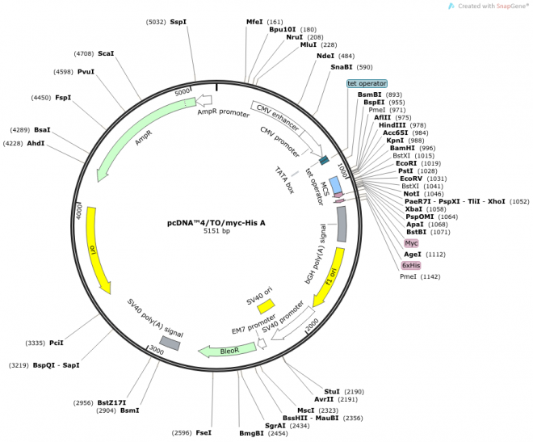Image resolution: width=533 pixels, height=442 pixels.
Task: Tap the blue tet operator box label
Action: point(367,83)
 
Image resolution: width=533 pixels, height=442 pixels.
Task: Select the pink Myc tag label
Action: point(411,242)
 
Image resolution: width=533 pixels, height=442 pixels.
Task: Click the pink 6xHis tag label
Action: point(411,265)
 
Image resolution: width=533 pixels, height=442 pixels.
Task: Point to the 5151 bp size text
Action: point(216,232)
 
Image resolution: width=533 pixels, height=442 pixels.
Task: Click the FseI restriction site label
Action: point(204,433)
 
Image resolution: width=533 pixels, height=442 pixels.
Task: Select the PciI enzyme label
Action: point(57,343)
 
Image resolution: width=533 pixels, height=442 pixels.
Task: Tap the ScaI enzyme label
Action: point(106,53)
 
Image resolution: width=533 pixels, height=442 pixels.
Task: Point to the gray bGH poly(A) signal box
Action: point(342,224)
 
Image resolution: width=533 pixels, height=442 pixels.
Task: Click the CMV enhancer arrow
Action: point(275,116)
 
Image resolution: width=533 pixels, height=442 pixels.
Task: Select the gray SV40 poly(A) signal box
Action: point(170,343)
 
